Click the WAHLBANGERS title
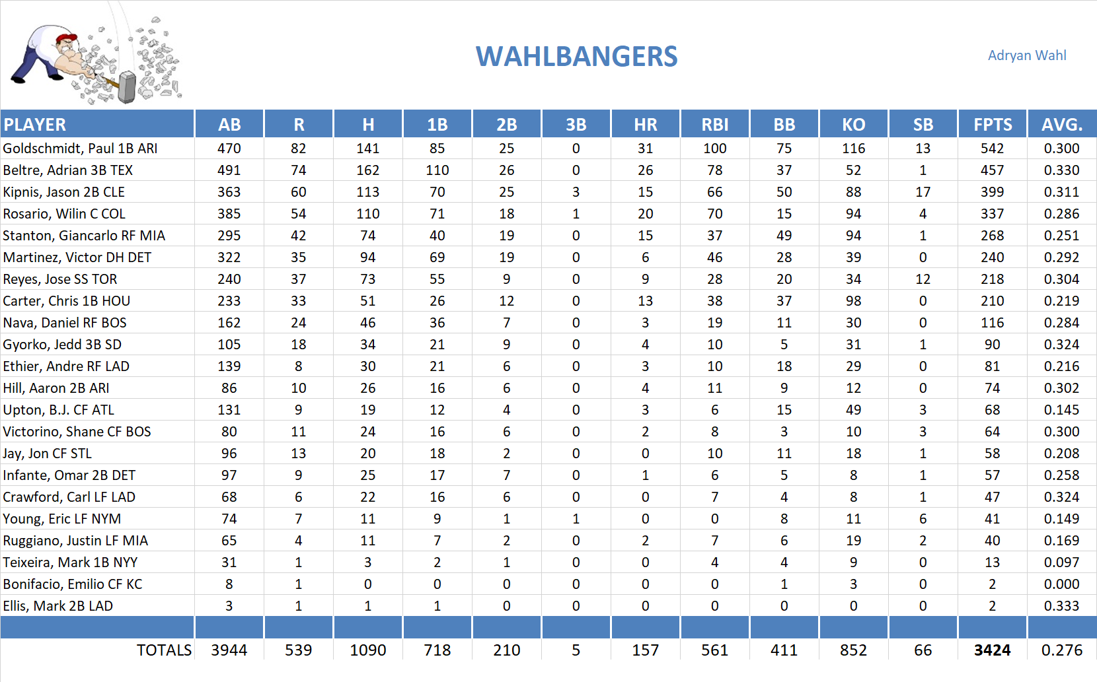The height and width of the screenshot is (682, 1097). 576,57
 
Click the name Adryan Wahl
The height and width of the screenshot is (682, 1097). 1026,55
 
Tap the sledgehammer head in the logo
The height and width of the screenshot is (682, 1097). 126,88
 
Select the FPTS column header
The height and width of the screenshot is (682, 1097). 992,124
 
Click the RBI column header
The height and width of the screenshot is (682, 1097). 714,124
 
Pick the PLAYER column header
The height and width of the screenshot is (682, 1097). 35,124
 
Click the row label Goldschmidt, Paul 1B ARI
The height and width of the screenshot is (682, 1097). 80,149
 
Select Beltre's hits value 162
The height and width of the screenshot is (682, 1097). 367,170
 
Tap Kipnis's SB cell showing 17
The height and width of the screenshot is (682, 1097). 923,192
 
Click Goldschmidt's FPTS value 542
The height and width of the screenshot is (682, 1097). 992,149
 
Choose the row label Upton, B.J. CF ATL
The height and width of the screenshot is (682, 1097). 58,410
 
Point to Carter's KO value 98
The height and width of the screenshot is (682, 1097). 853,301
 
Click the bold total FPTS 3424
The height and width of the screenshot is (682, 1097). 992,650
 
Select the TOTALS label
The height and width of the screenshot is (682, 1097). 164,650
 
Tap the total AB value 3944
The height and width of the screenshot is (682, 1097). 229,650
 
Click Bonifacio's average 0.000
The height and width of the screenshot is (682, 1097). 1061,584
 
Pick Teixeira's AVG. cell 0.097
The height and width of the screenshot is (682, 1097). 1061,563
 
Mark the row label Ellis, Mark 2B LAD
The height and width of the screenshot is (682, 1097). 58,606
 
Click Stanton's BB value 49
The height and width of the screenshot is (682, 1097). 784,236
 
